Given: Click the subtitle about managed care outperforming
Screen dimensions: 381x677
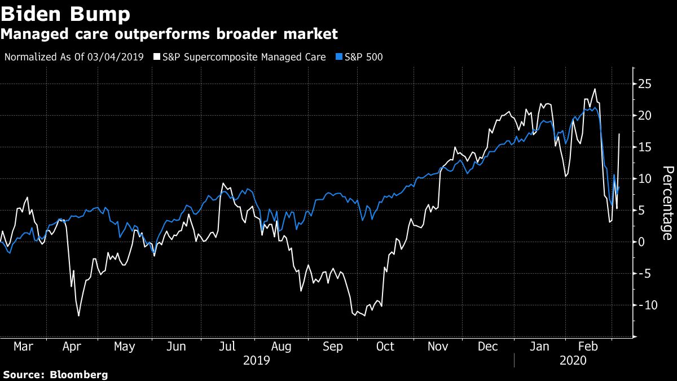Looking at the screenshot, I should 169,34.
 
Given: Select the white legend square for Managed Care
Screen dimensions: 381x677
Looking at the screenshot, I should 157,57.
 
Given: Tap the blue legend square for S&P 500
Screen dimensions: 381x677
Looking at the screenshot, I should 338,57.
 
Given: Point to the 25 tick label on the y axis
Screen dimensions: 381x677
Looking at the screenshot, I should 645,84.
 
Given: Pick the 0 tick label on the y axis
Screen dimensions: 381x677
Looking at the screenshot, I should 641,242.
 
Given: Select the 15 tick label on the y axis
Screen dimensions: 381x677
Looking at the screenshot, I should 645,147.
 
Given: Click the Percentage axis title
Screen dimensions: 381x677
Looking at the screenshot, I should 667,203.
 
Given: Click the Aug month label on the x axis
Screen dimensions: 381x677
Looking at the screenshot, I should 282,346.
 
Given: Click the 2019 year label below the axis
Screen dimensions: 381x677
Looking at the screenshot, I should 256,360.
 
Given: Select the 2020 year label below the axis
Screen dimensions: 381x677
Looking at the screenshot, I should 573,360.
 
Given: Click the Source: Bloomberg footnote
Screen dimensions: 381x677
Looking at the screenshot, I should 55,375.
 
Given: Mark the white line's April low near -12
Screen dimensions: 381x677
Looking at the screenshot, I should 78,316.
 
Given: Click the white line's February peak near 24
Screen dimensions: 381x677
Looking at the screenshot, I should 595,89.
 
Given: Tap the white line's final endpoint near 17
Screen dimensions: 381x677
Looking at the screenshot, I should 619,134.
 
